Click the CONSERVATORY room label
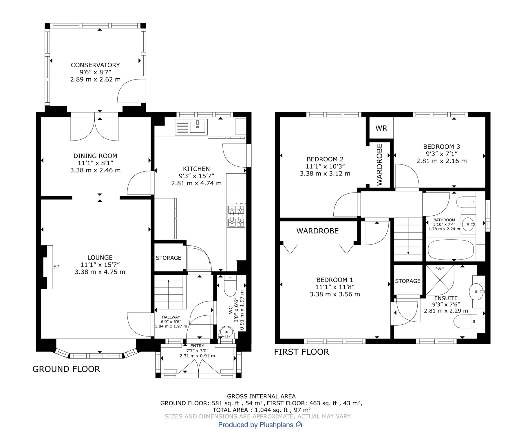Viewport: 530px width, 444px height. pyautogui.click(x=95, y=65)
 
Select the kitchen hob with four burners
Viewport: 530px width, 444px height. pyautogui.click(x=236, y=216)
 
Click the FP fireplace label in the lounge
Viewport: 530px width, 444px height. pyautogui.click(x=56, y=267)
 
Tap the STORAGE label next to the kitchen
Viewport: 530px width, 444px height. pyautogui.click(x=168, y=258)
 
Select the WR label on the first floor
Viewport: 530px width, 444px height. pyautogui.click(x=381, y=128)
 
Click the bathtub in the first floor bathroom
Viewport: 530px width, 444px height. pyautogui.click(x=450, y=250)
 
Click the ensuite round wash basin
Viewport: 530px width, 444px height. pyautogui.click(x=476, y=292)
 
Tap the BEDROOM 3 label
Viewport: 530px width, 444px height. pyautogui.click(x=441, y=147)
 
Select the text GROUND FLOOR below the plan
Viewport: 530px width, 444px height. pyautogui.click(x=66, y=369)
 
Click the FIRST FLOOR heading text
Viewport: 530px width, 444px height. pyautogui.click(x=301, y=352)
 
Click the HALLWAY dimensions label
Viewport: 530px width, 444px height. pyautogui.click(x=171, y=321)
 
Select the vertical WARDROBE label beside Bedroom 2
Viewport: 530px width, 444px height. pyautogui.click(x=379, y=165)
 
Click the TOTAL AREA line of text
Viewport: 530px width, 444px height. pyautogui.click(x=261, y=410)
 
